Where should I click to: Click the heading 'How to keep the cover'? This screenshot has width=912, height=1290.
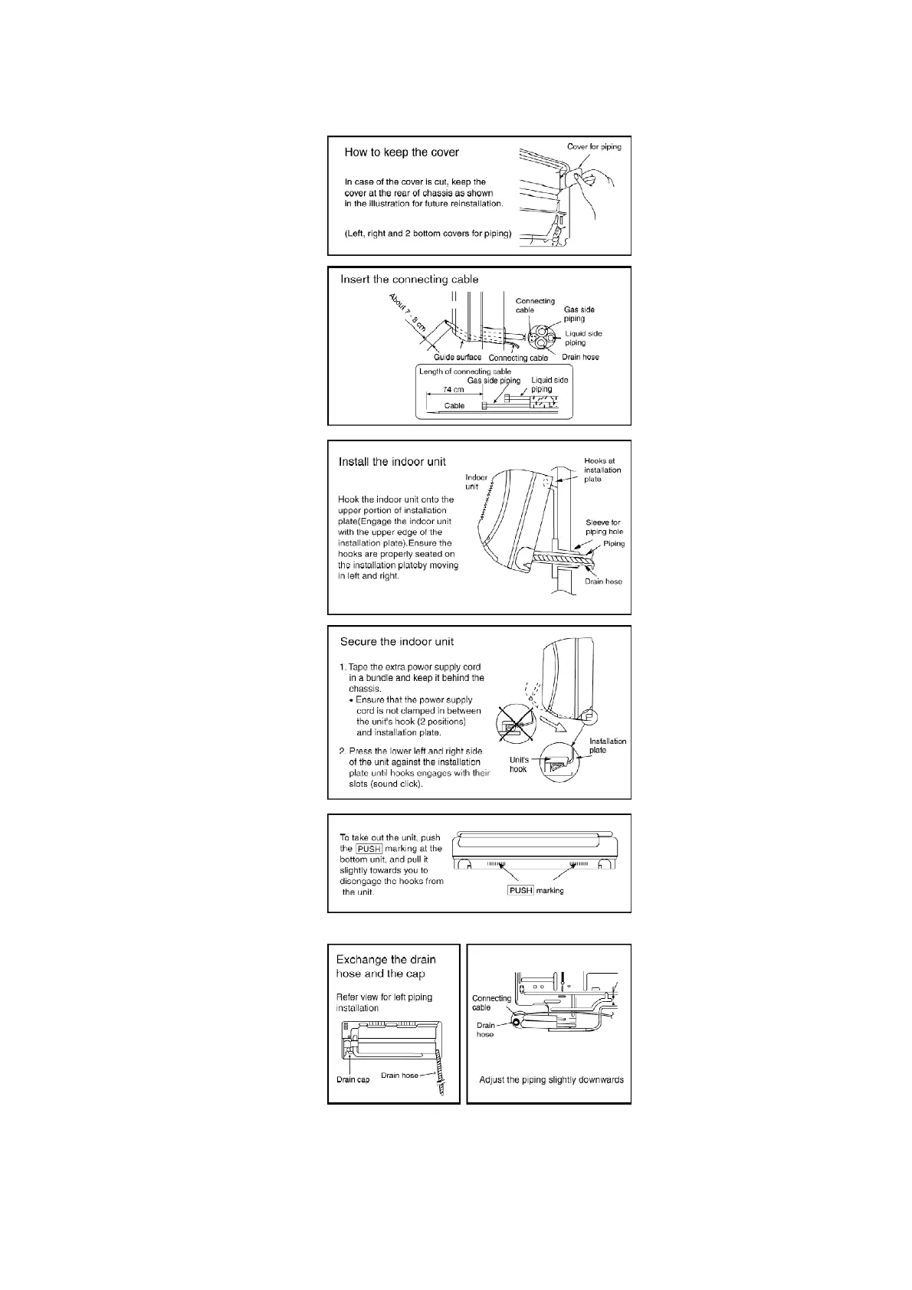(x=402, y=152)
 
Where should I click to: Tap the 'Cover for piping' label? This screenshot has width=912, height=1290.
(x=594, y=146)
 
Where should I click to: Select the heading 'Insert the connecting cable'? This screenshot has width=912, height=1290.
(x=409, y=280)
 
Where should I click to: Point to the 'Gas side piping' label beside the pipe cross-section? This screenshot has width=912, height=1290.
(x=579, y=314)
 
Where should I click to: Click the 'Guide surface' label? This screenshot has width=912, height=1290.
(x=458, y=357)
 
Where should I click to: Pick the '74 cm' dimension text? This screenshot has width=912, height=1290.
(x=454, y=389)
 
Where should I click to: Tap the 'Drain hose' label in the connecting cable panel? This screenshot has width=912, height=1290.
(x=580, y=357)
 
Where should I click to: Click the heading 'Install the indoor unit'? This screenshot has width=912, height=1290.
(x=392, y=462)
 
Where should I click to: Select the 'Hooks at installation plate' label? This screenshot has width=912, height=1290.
(x=602, y=470)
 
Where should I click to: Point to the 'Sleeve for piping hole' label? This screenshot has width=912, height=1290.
(x=604, y=527)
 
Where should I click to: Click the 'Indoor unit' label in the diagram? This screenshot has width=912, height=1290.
(x=476, y=482)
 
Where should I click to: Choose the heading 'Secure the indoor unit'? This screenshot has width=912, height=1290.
(x=396, y=642)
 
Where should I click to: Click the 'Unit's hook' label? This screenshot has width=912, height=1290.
(x=519, y=765)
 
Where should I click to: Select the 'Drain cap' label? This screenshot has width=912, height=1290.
(x=353, y=1079)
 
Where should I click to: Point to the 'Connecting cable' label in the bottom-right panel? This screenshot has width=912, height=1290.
(x=491, y=1003)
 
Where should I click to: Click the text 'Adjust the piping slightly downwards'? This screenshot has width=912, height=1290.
(x=551, y=1080)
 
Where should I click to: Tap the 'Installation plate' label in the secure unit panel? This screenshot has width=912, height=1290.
(x=607, y=745)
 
